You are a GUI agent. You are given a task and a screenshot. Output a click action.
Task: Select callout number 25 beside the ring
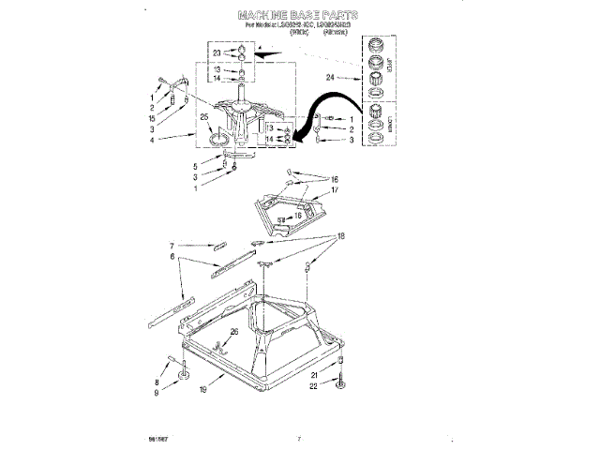[204, 117]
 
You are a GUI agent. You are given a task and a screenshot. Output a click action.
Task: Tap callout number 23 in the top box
[216, 52]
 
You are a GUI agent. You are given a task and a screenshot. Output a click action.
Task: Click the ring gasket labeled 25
[217, 140]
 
